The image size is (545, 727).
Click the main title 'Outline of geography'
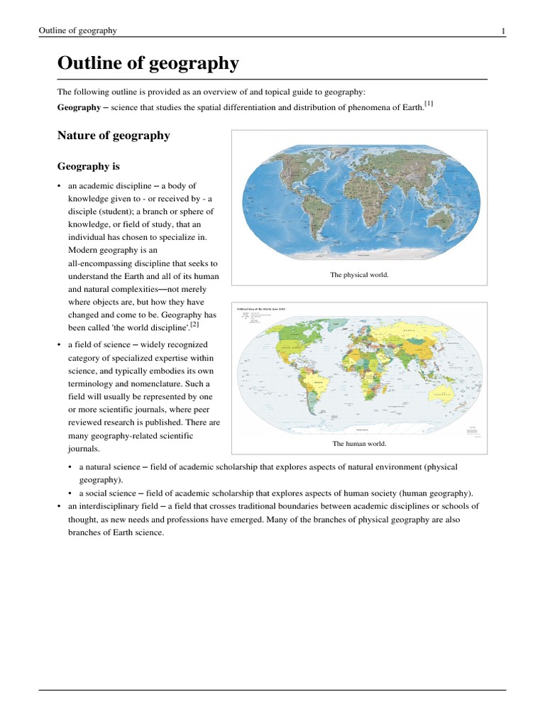[148, 64]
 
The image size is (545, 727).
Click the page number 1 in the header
[503, 31]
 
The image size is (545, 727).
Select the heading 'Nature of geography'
[113, 135]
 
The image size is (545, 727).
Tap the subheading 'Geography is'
[88, 166]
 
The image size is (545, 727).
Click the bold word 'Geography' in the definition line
[78, 106]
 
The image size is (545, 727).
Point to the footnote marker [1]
[428, 104]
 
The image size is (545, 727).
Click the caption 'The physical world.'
[359, 274]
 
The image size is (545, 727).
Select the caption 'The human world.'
[359, 444]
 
